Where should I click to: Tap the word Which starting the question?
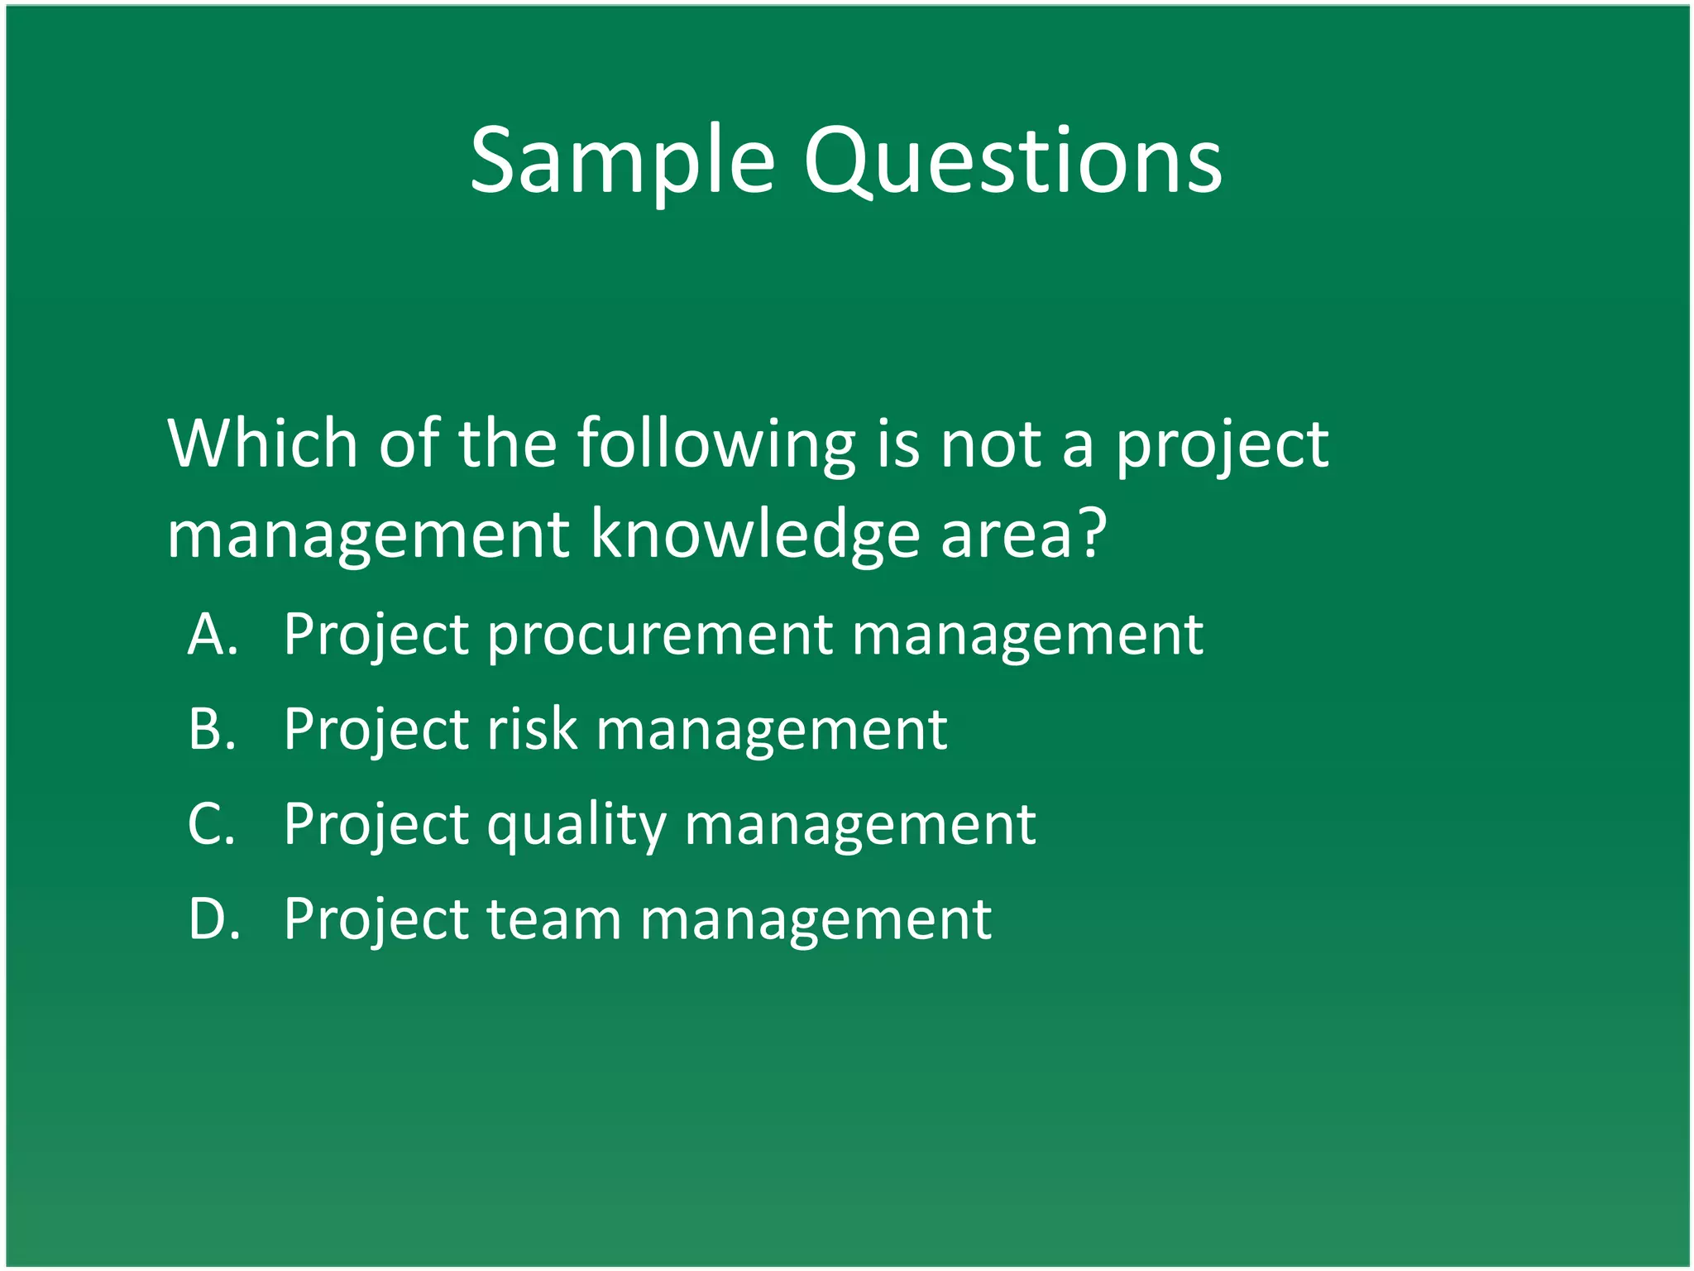[x=262, y=444]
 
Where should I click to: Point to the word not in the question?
[x=990, y=445]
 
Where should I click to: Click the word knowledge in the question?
[x=754, y=535]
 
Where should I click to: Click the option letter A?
[x=213, y=635]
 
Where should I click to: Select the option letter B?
[x=213, y=730]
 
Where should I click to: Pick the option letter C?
[x=213, y=824]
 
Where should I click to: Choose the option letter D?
[x=214, y=919]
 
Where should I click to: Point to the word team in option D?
[x=553, y=919]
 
